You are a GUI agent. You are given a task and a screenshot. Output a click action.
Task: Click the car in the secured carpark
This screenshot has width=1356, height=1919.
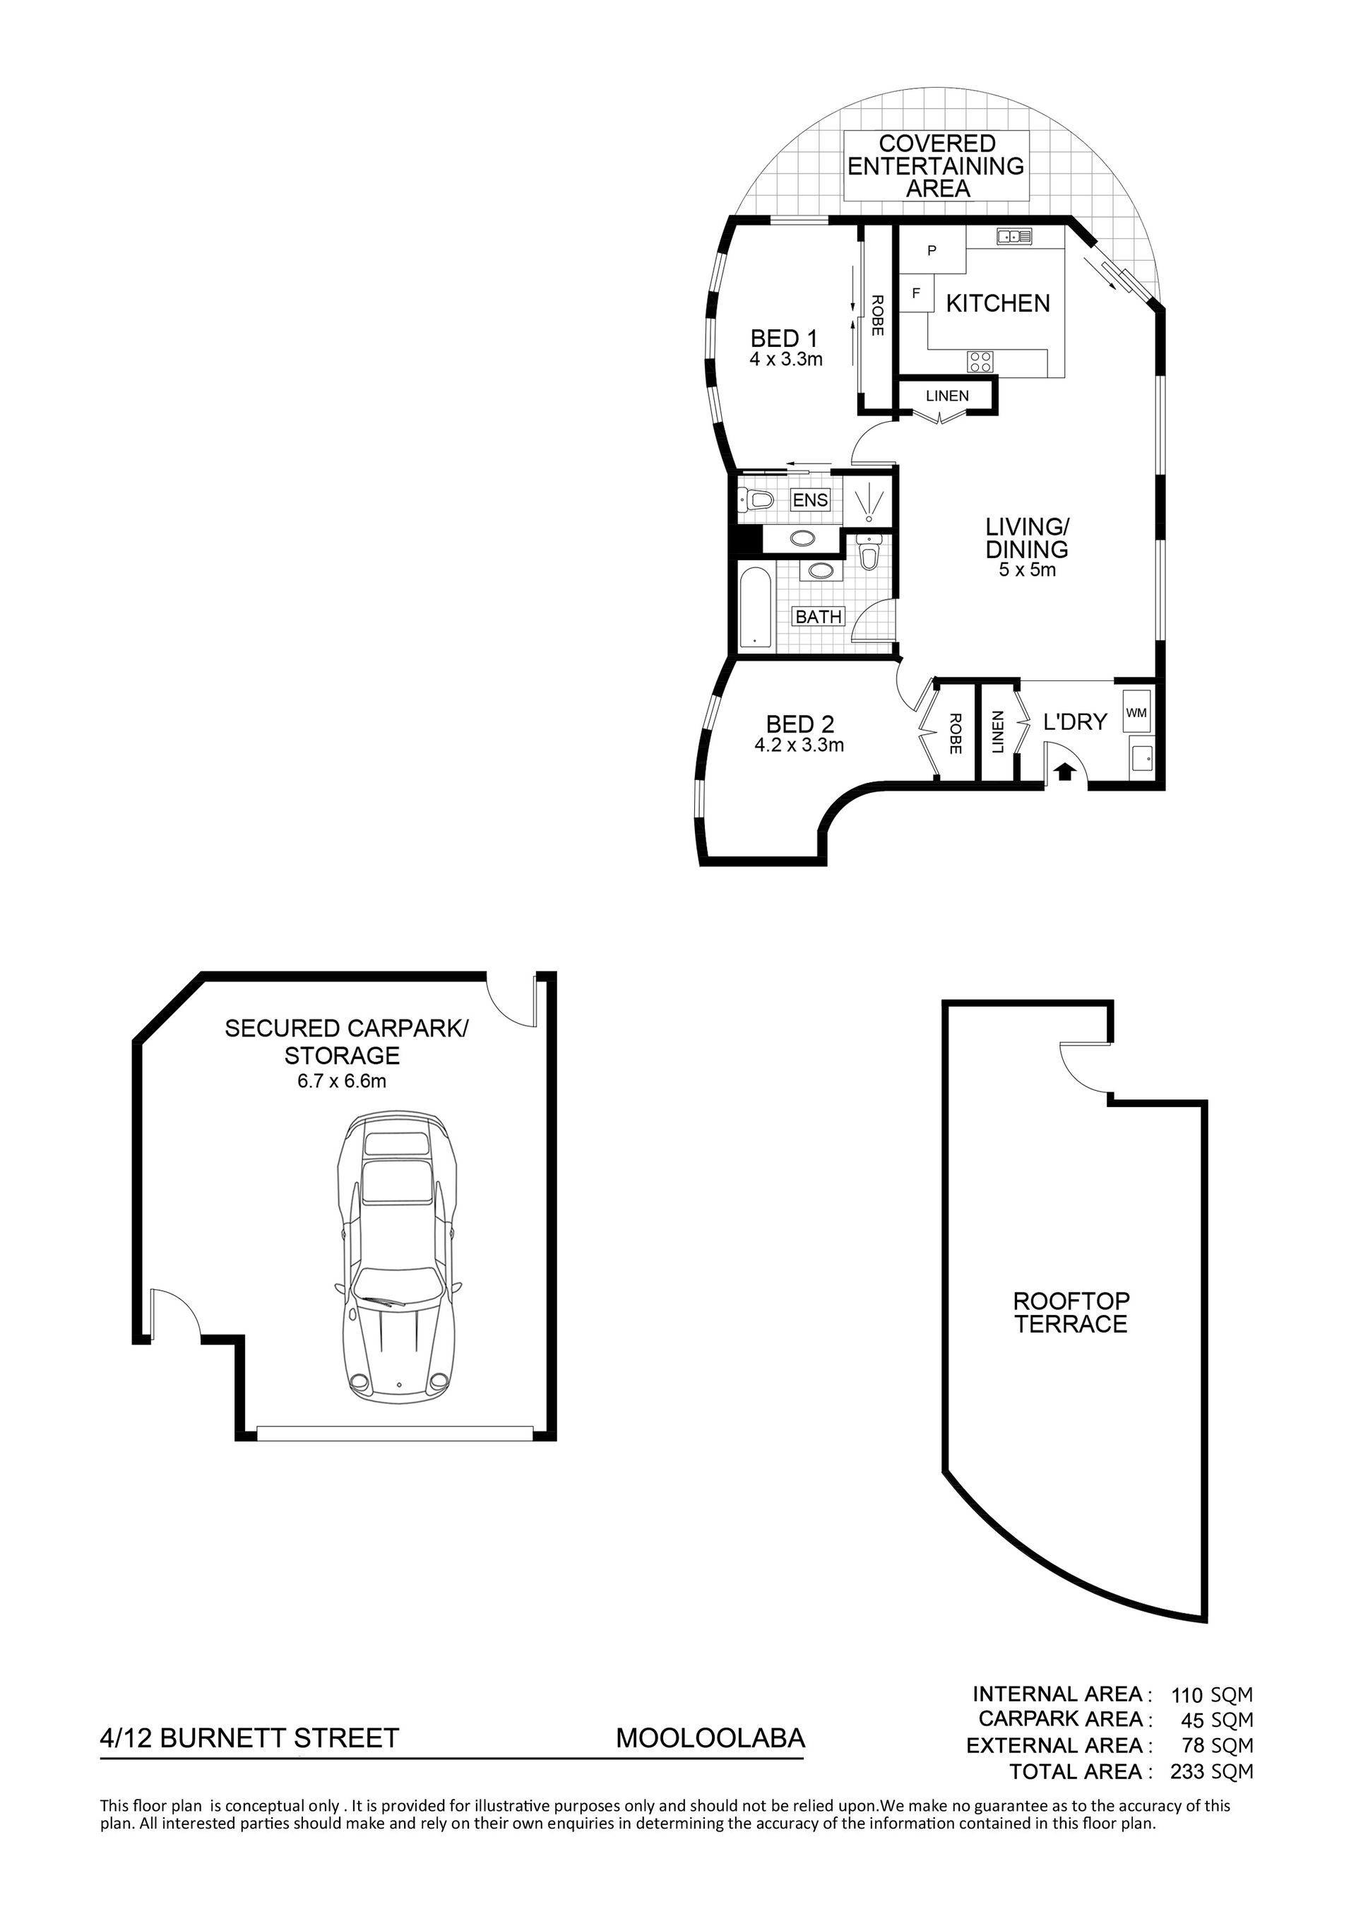[x=397, y=1263]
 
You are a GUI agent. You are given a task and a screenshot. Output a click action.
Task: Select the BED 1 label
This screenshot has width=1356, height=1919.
[x=784, y=338]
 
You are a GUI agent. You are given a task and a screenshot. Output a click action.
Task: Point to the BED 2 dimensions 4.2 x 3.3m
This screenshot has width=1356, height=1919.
[x=799, y=745]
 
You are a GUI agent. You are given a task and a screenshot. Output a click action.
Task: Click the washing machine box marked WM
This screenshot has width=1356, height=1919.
[x=1136, y=712]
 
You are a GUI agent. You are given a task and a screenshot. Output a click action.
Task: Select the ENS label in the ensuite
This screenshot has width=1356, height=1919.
[x=809, y=500]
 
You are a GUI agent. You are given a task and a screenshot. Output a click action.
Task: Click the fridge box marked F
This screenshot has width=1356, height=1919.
[x=916, y=293]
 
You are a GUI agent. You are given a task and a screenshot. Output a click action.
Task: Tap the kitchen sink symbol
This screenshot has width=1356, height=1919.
[x=1013, y=237]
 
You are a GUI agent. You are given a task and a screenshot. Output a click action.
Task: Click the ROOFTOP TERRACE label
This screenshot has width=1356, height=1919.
[x=1071, y=1312]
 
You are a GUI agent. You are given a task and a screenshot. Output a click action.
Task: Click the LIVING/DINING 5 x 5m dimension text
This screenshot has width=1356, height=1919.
[x=1027, y=571]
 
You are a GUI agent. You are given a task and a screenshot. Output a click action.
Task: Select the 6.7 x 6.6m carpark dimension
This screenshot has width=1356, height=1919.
[x=342, y=1082]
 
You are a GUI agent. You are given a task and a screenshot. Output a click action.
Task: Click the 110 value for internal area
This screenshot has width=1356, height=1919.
[x=1187, y=1696]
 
